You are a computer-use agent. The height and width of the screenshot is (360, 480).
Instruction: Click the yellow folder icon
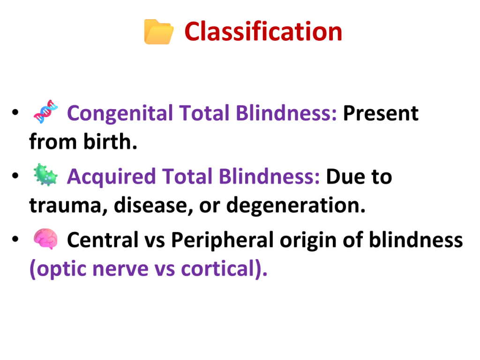159,32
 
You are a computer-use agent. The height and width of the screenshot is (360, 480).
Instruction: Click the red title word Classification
263,31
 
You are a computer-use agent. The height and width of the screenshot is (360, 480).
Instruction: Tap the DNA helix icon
45,112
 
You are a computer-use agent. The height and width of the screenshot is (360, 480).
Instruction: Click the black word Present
381,113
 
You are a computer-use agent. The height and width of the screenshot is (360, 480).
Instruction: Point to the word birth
110,142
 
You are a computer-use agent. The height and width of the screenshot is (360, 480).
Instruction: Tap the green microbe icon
45,175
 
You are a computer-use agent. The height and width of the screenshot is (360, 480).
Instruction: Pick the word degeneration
296,205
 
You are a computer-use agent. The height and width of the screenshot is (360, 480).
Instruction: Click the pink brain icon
45,239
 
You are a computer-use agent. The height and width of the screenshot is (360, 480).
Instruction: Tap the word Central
103,240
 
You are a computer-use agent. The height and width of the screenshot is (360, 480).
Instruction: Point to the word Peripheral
222,240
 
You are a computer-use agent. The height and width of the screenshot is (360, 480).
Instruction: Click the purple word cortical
218,269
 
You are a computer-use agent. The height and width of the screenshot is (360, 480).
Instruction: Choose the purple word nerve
120,270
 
